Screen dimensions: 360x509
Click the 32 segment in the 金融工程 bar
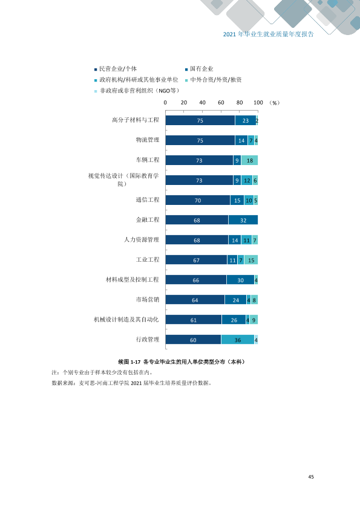pyautogui.click(x=243, y=220)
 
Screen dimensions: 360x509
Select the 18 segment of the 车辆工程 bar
pyautogui.click(x=249, y=160)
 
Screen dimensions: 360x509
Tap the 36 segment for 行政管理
pyautogui.click(x=238, y=340)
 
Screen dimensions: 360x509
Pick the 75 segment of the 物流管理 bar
pyautogui.click(x=200, y=140)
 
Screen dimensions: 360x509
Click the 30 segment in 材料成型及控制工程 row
pyautogui.click(x=240, y=280)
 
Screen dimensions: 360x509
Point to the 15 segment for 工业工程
pyautogui.click(x=251, y=260)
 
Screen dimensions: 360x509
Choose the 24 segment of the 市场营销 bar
pyautogui.click(x=235, y=300)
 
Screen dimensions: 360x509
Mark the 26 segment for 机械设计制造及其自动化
pyautogui.click(x=234, y=320)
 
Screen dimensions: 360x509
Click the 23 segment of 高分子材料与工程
pyautogui.click(x=246, y=120)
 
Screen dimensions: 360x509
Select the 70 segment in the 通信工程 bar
pyautogui.click(x=198, y=200)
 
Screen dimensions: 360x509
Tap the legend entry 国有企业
pyautogui.click(x=199, y=69)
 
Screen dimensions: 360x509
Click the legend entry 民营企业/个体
pyautogui.click(x=116, y=69)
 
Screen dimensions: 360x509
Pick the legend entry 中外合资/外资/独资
pyautogui.click(x=214, y=80)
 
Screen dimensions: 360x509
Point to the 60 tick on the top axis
pyautogui.click(x=221, y=103)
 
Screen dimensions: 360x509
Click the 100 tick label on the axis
pyautogui.click(x=258, y=103)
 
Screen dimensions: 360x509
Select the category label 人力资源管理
pyautogui.click(x=142, y=239)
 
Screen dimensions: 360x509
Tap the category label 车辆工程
pyautogui.click(x=148, y=160)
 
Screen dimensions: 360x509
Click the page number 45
pyautogui.click(x=311, y=477)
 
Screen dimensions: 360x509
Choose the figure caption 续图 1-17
pyautogui.click(x=129, y=361)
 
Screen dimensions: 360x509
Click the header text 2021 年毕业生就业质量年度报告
pyautogui.click(x=269, y=34)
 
